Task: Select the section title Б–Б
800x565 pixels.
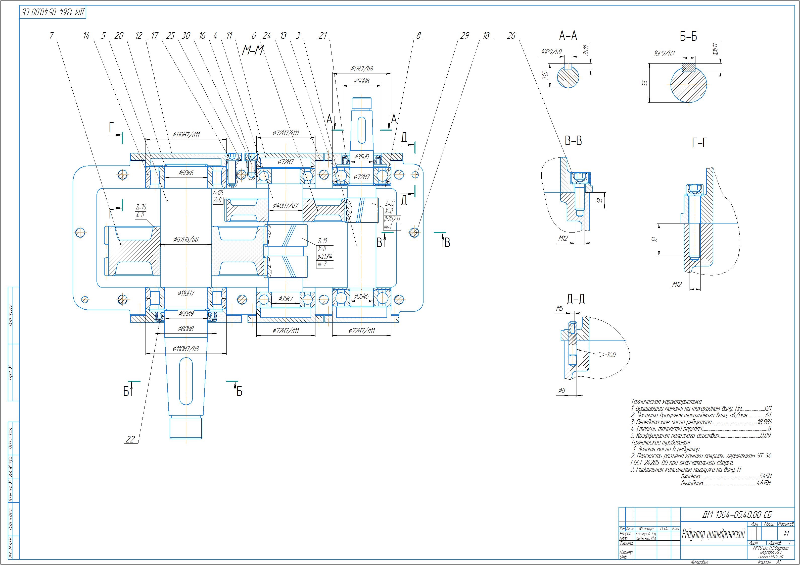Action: (688, 37)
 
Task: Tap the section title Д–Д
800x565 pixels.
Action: (576, 299)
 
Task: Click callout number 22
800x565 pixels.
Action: (130, 439)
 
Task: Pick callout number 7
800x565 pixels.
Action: (52, 35)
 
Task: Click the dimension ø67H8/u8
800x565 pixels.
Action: (186, 240)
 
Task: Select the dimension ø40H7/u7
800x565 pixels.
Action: (286, 205)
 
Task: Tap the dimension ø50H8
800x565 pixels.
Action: (362, 81)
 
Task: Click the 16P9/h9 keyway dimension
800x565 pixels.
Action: (664, 53)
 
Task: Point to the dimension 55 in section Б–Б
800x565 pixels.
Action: (645, 83)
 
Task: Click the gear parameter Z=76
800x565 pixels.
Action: (141, 207)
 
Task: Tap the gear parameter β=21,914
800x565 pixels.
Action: (324, 257)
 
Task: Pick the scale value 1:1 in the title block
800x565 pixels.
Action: (786, 534)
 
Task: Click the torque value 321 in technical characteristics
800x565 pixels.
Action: (768, 408)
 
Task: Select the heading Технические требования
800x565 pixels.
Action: (660, 442)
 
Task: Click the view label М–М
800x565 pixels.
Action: (253, 51)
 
